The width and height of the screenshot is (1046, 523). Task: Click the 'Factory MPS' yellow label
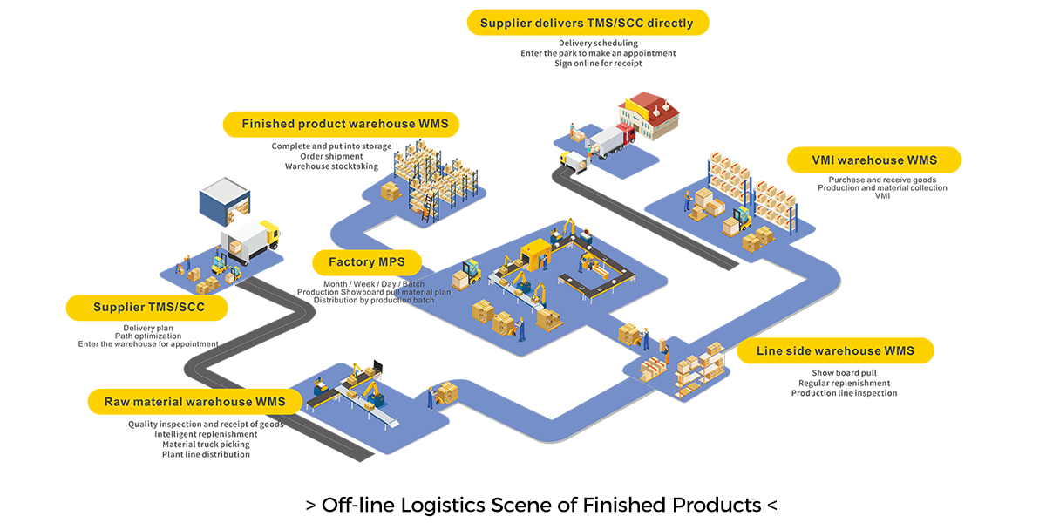[365, 261]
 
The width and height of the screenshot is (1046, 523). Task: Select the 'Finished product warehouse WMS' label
[344, 124]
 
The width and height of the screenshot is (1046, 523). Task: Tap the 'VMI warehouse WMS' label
[873, 160]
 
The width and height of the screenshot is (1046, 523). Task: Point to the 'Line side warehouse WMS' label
[835, 350]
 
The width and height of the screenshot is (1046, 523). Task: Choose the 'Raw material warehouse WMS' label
[195, 402]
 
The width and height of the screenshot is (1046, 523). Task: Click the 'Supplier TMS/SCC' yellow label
[147, 307]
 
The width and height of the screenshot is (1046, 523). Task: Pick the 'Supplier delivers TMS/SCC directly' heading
[588, 23]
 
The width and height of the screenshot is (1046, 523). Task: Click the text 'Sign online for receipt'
[597, 64]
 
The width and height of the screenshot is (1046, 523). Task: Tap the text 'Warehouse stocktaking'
[331, 166]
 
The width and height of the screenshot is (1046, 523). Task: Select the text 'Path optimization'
[148, 336]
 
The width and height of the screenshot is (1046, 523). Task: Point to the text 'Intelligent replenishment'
[206, 434]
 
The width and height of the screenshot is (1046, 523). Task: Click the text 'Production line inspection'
[844, 393]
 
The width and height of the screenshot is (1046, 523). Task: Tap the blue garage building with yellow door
[225, 201]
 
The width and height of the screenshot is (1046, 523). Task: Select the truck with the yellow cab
[250, 240]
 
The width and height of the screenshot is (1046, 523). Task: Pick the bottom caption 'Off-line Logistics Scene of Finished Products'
[540, 504]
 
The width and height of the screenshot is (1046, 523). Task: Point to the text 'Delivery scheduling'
[598, 43]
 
